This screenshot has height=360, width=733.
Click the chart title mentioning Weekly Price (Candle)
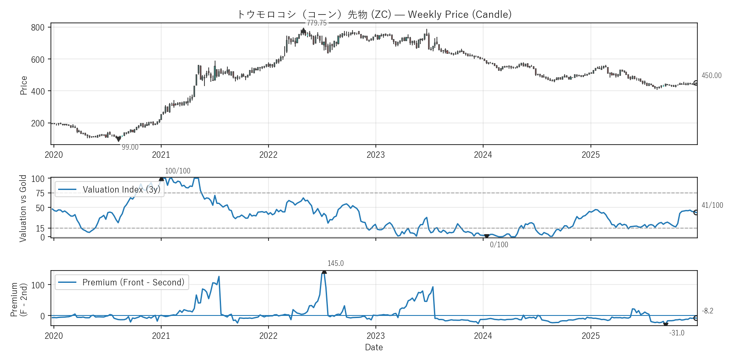(x=374, y=14)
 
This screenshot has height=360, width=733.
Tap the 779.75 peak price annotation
(x=317, y=23)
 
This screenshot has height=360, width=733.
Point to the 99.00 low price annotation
(x=130, y=147)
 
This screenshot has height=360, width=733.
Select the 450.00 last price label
(x=711, y=75)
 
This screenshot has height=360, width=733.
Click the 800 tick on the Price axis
(x=38, y=28)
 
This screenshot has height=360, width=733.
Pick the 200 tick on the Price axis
(x=38, y=123)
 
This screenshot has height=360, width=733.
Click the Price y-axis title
(x=24, y=85)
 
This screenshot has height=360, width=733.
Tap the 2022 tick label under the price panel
(x=268, y=155)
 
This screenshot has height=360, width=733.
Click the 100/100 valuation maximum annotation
(x=177, y=171)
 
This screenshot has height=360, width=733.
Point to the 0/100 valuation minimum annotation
(x=499, y=245)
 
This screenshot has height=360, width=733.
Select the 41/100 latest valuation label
(x=712, y=205)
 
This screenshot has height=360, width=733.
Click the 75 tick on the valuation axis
(x=40, y=193)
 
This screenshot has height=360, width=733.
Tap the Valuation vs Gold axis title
(x=23, y=208)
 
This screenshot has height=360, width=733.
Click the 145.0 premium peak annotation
(x=336, y=263)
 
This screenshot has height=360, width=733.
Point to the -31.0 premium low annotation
(x=677, y=333)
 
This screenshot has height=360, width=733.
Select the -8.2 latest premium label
(x=708, y=311)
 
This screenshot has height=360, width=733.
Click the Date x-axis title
(x=374, y=347)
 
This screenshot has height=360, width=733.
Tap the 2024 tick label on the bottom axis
(x=483, y=336)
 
